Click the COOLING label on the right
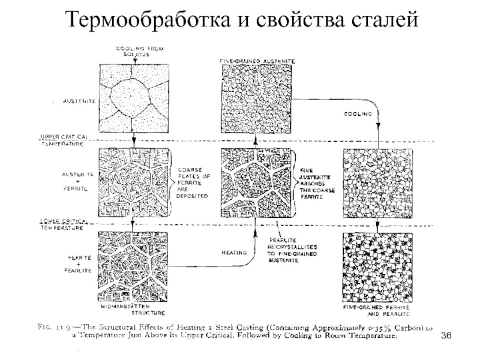pos(358,113)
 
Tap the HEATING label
pos(232,253)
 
